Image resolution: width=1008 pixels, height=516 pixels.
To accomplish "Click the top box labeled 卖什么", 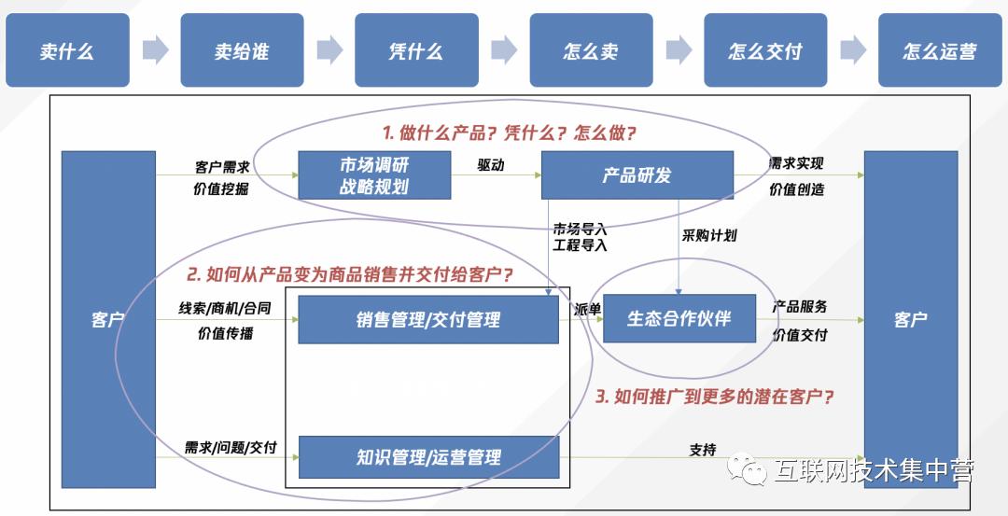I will point(66,50).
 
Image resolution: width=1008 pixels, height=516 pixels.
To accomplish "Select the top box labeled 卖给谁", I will point(241,50).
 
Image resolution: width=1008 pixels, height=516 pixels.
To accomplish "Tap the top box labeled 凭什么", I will point(416,50).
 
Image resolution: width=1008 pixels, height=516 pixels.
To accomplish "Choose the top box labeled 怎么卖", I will point(591,50).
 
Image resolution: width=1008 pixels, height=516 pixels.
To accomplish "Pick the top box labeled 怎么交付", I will point(765,50).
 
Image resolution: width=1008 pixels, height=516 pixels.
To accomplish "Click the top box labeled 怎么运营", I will point(939,50).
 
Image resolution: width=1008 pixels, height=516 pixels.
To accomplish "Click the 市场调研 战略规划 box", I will point(374,174).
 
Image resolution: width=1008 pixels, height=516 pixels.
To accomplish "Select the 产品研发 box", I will point(637,174).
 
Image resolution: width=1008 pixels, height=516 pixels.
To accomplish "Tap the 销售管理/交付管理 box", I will point(427,319).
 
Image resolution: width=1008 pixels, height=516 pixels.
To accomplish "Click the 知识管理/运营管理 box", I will point(427,457).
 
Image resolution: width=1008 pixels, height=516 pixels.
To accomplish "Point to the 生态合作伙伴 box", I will point(679,319).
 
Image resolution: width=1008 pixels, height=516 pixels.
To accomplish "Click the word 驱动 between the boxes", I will point(491,164).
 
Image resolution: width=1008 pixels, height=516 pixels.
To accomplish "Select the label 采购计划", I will point(709,235).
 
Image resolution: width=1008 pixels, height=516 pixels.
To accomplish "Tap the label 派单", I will point(588,309).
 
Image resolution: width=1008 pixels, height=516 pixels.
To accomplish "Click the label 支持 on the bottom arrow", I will point(703,449).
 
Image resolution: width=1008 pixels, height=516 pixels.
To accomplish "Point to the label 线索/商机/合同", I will point(225,308).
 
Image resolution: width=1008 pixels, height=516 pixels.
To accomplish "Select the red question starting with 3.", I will point(714,397).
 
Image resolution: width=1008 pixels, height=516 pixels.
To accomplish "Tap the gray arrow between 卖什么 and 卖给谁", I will point(155,49).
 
